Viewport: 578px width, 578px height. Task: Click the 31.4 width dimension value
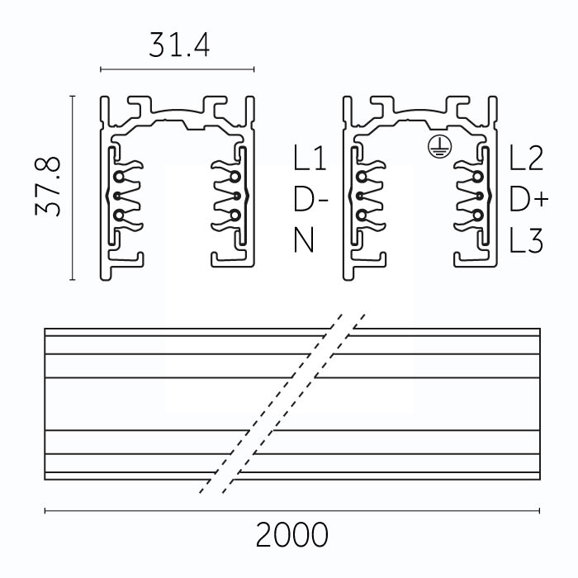[179, 45]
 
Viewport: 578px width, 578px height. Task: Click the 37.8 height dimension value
[48, 187]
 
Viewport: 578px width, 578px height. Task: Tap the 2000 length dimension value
[291, 534]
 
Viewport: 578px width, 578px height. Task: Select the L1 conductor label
[310, 158]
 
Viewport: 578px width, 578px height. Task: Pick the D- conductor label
[310, 200]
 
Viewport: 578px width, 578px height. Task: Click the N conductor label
[304, 239]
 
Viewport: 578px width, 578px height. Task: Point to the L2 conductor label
[526, 158]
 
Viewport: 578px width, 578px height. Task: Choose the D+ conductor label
[529, 200]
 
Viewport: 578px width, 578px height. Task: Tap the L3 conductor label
[526, 239]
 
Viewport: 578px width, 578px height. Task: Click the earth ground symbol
[439, 147]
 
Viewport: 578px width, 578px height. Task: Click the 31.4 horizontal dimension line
[178, 69]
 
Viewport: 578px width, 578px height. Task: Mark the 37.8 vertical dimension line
[73, 188]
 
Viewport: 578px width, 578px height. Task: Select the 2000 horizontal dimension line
[292, 510]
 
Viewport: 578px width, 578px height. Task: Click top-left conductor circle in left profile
[119, 177]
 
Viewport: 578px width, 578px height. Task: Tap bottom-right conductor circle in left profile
[235, 215]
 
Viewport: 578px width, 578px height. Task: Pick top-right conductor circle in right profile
[478, 177]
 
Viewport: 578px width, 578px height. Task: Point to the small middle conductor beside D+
[480, 196]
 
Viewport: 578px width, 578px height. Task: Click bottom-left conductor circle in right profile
[362, 215]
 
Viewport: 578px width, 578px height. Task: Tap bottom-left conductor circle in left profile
[119, 215]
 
